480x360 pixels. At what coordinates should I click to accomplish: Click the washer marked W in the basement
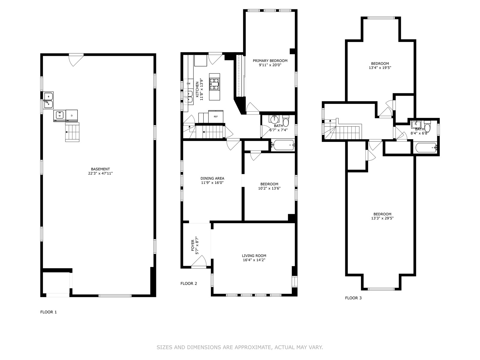[x=59, y=115]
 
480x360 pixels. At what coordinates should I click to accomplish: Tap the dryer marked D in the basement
[x=72, y=115]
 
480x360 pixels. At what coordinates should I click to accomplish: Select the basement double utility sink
[x=48, y=100]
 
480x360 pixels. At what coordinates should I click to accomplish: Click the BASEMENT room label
[x=100, y=169]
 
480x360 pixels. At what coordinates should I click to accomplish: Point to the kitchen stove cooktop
[x=214, y=84]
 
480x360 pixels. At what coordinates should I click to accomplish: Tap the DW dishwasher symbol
[x=188, y=84]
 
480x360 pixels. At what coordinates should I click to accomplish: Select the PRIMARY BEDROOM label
[x=270, y=61]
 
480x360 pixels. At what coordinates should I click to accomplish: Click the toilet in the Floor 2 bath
[x=286, y=121]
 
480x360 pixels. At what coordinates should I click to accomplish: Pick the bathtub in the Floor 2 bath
[x=283, y=145]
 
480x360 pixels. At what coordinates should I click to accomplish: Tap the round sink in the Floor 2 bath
[x=274, y=120]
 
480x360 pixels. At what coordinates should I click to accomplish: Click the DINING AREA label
[x=212, y=178]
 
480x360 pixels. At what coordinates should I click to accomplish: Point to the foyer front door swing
[x=199, y=261]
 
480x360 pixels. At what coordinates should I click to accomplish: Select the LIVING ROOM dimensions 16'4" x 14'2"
[x=254, y=260]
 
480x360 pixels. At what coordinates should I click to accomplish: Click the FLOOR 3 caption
[x=353, y=298]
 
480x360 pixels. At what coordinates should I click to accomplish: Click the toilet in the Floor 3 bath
[x=427, y=126]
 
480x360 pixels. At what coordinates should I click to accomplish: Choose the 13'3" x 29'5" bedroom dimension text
[x=382, y=218]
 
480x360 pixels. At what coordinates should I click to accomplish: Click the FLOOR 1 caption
[x=49, y=312]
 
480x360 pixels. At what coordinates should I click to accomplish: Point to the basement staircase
[x=72, y=132]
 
